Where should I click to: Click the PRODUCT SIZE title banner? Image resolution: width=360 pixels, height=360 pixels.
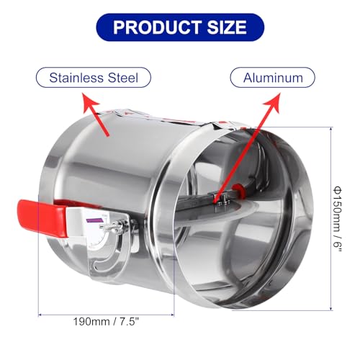tap(179, 28)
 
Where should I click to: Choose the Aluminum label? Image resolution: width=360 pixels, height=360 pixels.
tap(271, 77)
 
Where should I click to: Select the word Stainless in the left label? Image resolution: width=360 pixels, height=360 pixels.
tap(75, 77)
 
